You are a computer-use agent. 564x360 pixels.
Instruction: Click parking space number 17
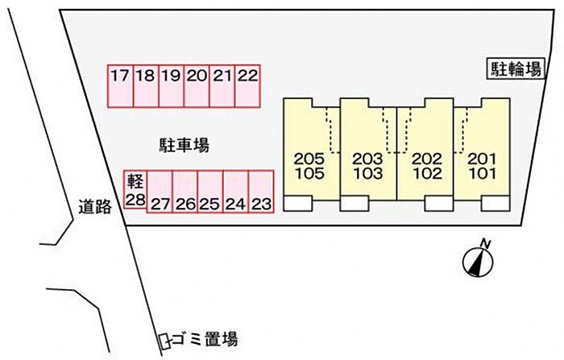(121, 85)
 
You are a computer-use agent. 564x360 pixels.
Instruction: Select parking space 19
(171, 85)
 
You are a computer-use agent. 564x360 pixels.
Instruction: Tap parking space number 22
(248, 85)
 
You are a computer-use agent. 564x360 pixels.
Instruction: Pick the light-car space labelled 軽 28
(134, 191)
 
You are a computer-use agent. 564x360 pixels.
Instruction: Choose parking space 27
(160, 192)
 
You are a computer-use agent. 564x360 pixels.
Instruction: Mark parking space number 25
(209, 192)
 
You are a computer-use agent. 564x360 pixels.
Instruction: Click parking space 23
(260, 192)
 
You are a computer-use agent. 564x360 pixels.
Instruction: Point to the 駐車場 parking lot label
(184, 145)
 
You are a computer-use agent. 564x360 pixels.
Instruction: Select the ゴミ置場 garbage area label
(206, 339)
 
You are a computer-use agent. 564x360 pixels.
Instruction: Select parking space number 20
(197, 85)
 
